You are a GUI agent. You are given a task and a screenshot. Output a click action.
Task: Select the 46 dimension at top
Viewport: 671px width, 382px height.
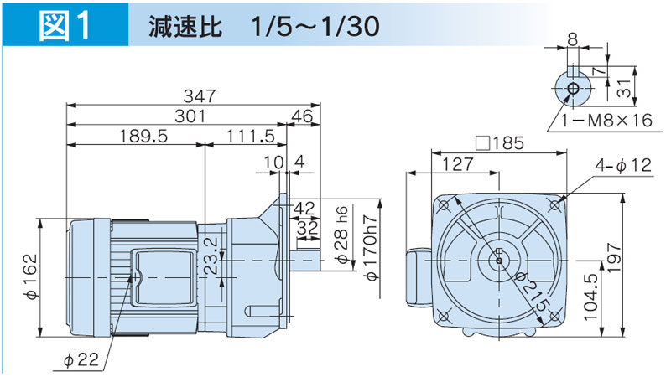304,116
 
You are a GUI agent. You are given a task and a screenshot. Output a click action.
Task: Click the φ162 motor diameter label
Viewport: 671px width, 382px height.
31,278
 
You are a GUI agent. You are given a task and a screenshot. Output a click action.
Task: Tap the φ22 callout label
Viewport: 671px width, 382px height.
82,359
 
